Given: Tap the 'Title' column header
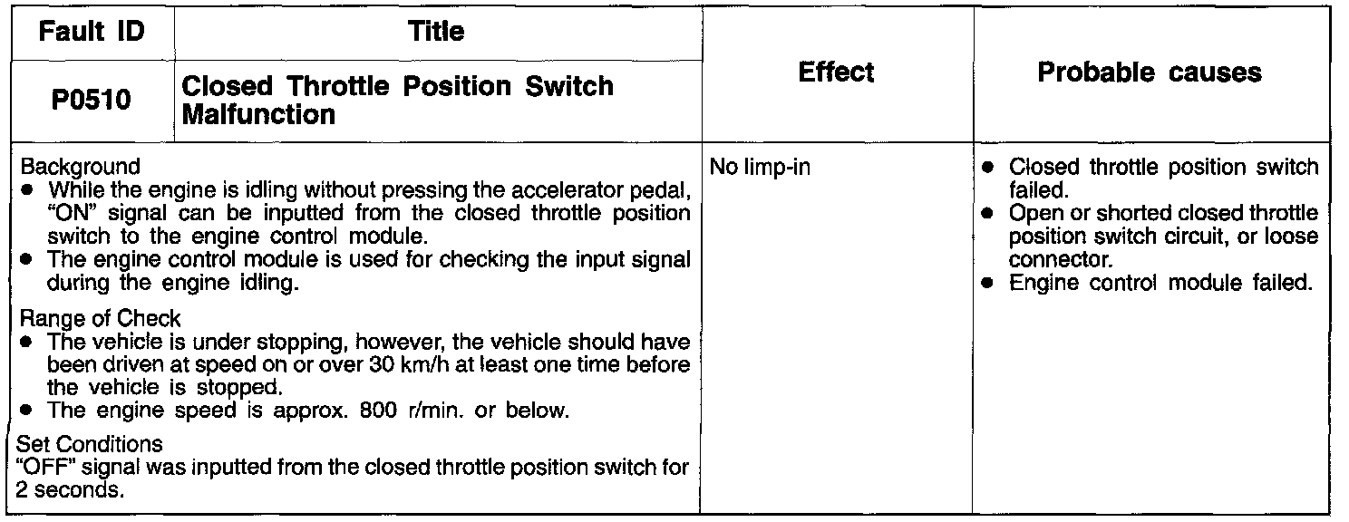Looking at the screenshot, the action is point(436,32).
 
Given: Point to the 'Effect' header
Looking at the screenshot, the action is point(836,72).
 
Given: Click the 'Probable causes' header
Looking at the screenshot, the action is point(1149,72).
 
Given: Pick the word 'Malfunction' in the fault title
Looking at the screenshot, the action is point(258,115).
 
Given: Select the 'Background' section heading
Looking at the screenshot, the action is point(80,167).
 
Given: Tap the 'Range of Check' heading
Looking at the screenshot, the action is point(100,319).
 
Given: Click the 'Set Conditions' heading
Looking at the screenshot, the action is point(91,444).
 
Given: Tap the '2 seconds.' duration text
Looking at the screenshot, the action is point(71,490).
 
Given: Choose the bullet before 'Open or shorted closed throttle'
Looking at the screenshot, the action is point(991,214).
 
